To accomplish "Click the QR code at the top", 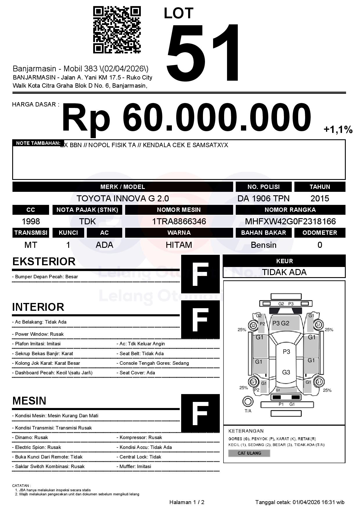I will [117, 30].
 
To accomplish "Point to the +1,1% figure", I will [338, 129].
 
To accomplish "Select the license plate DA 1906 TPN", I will [263, 198].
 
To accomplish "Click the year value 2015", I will [320, 198].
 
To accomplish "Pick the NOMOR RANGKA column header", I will [290, 210].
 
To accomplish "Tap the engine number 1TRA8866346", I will [179, 222].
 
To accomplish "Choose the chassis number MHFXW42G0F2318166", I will [290, 222].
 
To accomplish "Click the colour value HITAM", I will [179, 245].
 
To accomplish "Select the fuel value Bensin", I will [263, 245].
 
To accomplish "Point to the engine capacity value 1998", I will [31, 222].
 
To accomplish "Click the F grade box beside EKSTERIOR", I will [200, 274].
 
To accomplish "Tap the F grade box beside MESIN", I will [200, 413].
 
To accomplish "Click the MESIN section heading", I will [29, 401].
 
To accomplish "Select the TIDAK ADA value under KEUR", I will [284, 272].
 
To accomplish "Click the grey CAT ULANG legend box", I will [249, 453].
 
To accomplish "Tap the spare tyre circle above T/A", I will [248, 402].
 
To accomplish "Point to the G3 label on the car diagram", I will [286, 372].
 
